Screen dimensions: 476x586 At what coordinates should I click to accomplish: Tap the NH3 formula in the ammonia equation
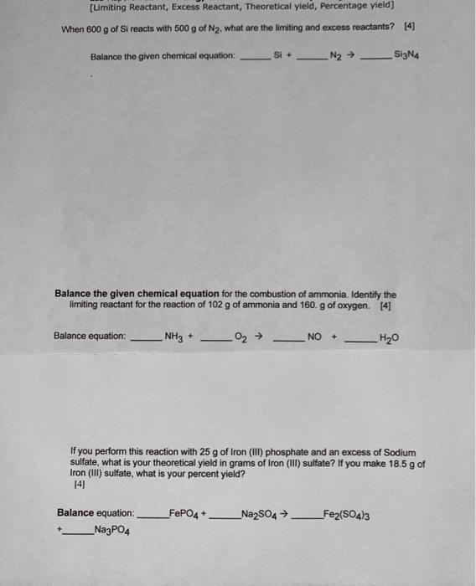coord(173,337)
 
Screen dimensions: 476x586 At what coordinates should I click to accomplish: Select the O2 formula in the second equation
coord(241,337)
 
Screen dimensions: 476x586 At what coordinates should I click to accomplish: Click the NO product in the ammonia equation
coord(314,337)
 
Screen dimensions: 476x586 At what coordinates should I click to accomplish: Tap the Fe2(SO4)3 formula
coord(344,513)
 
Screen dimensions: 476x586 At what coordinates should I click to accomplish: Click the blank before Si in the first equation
coord(256,58)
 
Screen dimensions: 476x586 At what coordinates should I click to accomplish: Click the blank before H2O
coord(359,341)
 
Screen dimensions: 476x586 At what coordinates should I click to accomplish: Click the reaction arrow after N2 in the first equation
coord(353,56)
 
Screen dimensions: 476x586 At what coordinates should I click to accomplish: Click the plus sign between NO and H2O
coord(334,337)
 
